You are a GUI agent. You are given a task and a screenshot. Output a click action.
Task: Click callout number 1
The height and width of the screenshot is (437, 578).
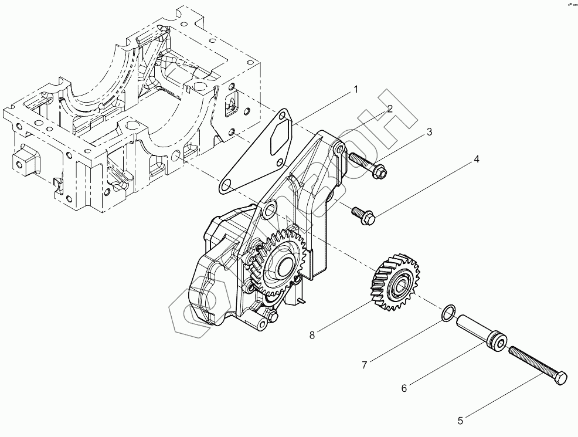click(x=355, y=90)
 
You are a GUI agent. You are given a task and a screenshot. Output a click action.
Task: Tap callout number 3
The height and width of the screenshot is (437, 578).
click(x=430, y=132)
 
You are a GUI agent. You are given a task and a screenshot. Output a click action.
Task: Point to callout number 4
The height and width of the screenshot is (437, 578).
click(x=477, y=160)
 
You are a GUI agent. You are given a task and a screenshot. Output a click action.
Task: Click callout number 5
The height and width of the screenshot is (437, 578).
click(x=460, y=420)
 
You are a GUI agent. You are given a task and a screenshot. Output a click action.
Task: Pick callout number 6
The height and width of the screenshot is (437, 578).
click(x=404, y=388)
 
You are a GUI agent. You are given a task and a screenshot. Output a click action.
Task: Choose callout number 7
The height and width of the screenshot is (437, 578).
click(x=365, y=365)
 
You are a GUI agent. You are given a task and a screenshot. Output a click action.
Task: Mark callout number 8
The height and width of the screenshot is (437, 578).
click(x=312, y=335)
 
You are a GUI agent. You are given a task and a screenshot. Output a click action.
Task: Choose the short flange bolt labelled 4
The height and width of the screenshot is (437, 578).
click(x=363, y=215)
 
